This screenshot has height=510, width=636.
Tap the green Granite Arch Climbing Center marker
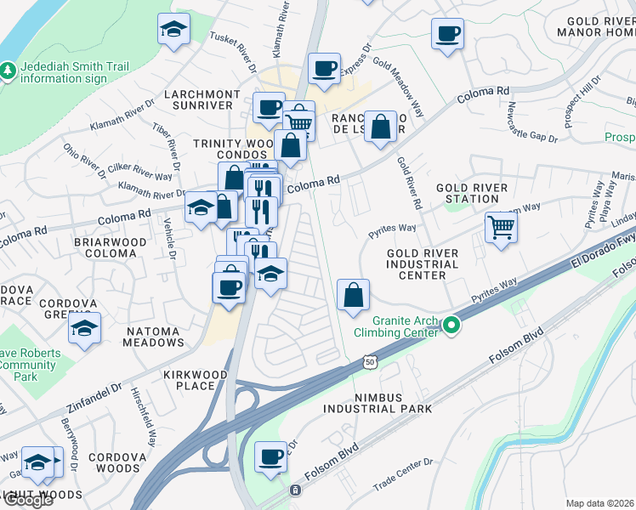coord(452,325)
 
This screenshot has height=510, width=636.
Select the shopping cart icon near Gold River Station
coord(501,227)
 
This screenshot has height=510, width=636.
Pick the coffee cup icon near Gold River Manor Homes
coord(446,34)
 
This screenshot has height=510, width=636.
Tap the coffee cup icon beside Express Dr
coord(323,68)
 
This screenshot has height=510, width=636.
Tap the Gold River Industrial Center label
coord(422,264)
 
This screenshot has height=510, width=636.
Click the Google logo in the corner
coord(28,500)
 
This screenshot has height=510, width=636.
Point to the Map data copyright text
coord(600,503)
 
